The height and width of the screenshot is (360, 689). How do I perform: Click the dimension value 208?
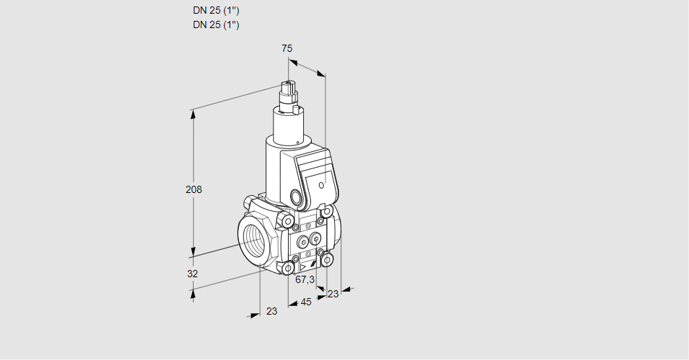[194, 190]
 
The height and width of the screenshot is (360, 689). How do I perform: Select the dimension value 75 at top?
[287, 48]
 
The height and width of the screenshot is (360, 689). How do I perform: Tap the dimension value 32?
[192, 274]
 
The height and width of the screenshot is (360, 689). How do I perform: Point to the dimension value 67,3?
[305, 279]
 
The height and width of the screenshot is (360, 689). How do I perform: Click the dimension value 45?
[306, 302]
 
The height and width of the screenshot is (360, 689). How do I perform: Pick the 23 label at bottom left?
[271, 311]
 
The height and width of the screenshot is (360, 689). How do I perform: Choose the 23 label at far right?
[333, 293]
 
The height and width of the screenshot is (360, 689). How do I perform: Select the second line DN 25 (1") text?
[216, 25]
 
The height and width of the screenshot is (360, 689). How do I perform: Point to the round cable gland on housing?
[296, 197]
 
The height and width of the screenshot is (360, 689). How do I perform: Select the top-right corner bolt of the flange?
[328, 212]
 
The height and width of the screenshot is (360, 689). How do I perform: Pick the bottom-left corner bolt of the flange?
[288, 269]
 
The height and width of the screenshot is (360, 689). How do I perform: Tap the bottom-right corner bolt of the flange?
[328, 259]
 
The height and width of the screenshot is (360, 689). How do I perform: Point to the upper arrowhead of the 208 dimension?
[192, 112]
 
